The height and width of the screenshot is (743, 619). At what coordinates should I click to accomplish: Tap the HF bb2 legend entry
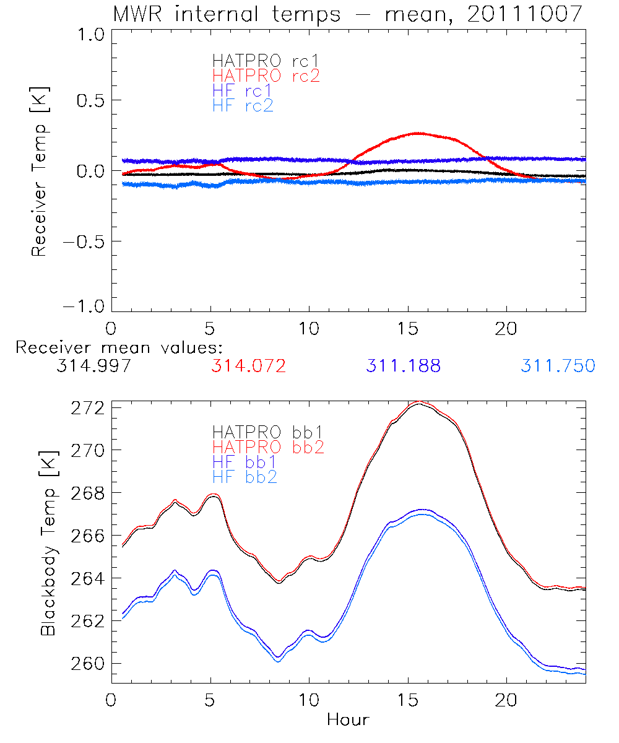245,476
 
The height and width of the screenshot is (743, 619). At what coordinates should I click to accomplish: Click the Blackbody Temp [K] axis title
49,542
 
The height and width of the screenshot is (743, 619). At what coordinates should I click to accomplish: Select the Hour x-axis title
348,719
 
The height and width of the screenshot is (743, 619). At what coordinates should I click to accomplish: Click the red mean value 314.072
248,366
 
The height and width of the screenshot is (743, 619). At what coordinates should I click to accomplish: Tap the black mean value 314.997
93,366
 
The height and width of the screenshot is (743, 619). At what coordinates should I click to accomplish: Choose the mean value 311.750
558,366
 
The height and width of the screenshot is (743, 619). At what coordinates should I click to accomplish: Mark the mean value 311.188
403,366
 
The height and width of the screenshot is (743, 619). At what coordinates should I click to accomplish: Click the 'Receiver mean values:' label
119,347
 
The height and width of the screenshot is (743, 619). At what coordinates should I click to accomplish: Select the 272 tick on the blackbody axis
89,407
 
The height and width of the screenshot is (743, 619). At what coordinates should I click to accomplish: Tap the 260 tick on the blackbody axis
89,663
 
